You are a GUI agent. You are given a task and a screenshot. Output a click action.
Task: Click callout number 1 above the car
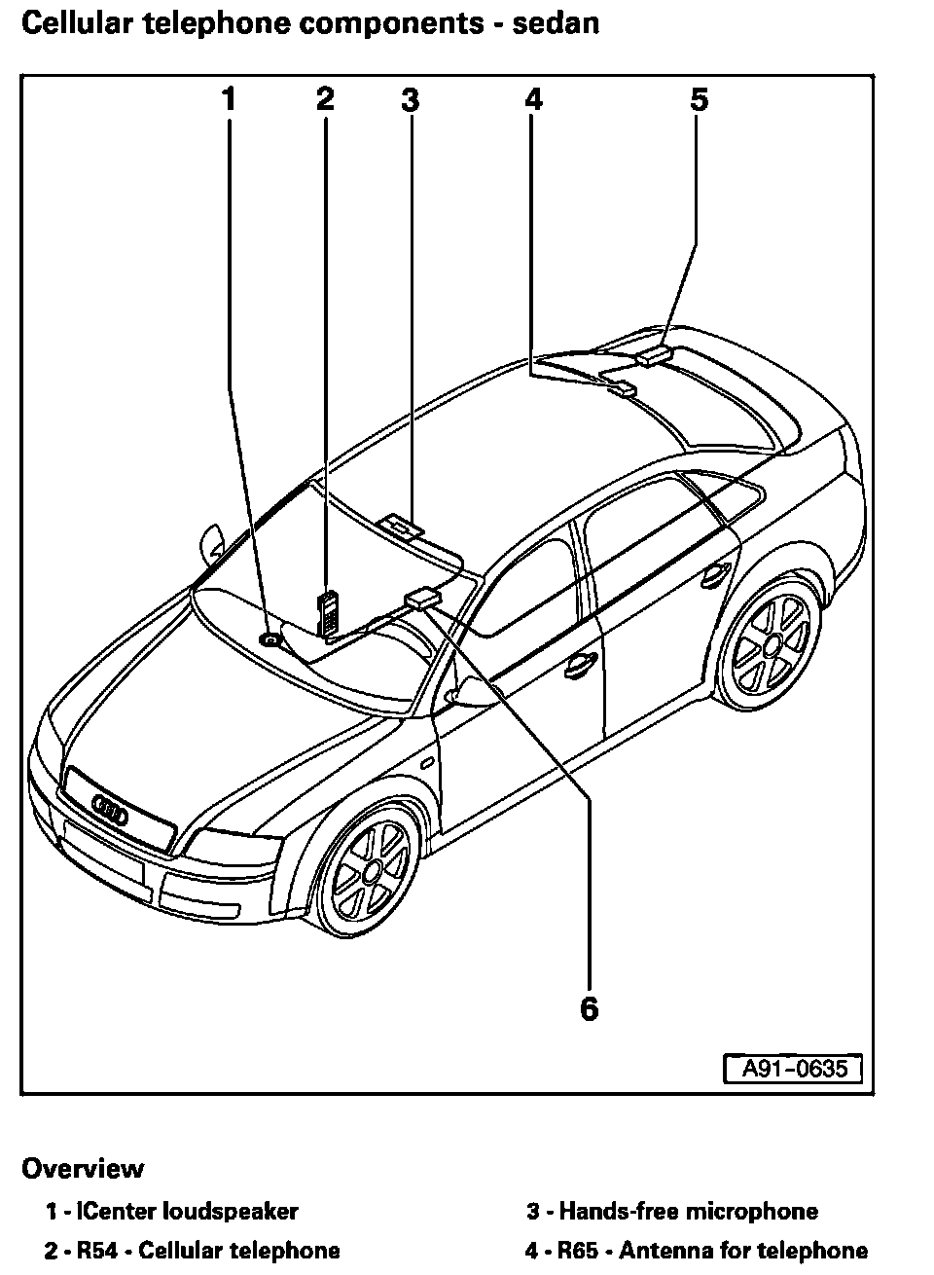click(229, 99)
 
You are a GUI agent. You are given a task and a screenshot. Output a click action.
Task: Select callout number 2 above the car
click(325, 99)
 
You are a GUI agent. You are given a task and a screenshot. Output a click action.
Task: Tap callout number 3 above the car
click(410, 99)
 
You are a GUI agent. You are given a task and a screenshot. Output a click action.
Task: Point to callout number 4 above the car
click(533, 99)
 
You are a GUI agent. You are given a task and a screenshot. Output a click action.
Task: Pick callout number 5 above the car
click(700, 99)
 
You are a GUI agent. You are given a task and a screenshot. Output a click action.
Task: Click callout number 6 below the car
click(589, 1009)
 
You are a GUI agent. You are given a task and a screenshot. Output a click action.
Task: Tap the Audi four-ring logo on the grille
click(110, 810)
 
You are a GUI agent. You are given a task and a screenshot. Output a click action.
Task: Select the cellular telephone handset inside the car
click(327, 612)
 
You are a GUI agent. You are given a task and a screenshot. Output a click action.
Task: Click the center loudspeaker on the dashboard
click(270, 639)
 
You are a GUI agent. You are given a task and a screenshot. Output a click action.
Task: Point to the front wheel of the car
click(371, 867)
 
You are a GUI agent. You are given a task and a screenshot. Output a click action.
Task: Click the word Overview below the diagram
click(83, 1168)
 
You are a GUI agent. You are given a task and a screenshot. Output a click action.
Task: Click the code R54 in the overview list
click(96, 1251)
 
